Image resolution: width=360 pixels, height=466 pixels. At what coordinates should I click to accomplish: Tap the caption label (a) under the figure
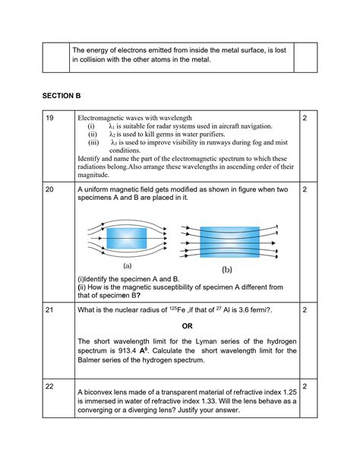pyautogui.click(x=127, y=267)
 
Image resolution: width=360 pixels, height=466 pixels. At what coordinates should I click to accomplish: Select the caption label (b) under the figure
pyautogui.click(x=227, y=270)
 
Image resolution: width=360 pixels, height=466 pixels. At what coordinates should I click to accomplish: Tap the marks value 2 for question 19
pyautogui.click(x=304, y=119)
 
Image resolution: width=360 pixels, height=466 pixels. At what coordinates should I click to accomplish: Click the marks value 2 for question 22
pyautogui.click(x=304, y=387)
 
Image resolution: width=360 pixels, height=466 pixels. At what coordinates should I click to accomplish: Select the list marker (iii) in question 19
pyautogui.click(x=93, y=142)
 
